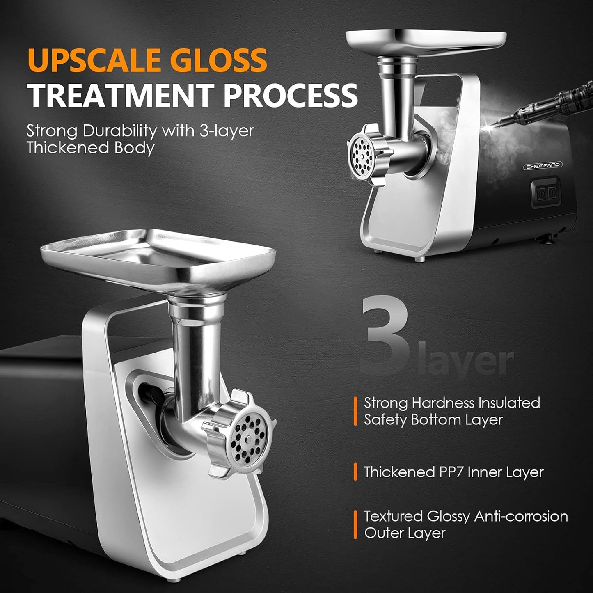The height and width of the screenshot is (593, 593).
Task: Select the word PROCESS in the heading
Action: point(291,95)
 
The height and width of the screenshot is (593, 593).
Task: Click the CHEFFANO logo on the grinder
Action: point(544,166)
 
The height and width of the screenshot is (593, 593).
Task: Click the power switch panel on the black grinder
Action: point(545,192)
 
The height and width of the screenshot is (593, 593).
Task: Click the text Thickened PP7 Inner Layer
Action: point(453,472)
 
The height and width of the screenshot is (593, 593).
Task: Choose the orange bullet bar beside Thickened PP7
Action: point(355,472)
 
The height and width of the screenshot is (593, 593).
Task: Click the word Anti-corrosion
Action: point(521,516)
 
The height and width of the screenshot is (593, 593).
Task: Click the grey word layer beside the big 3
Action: point(468,361)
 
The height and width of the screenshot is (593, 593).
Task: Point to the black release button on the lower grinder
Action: point(148,392)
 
